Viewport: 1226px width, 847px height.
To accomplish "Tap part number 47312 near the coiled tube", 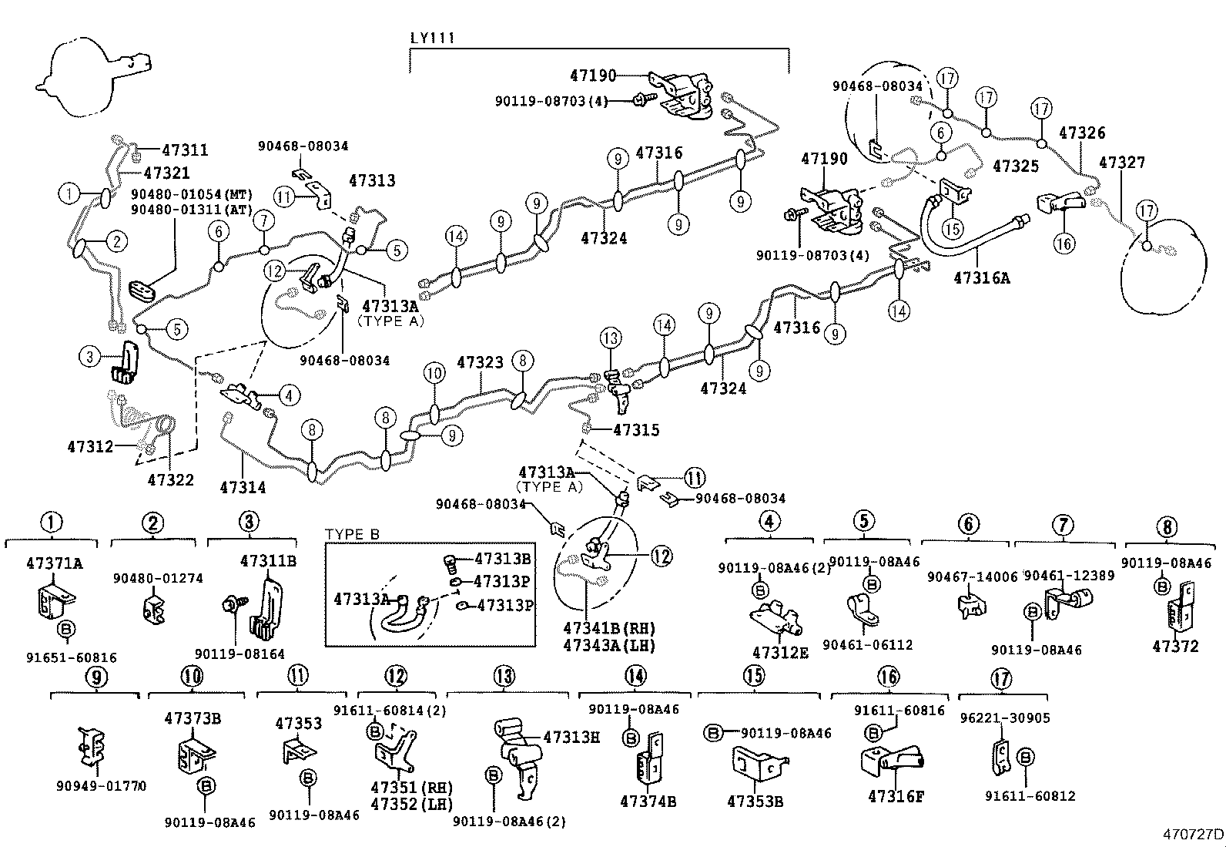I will click(x=90, y=446).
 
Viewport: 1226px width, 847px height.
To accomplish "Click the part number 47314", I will click(x=243, y=487).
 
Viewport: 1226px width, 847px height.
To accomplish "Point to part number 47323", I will click(x=480, y=361).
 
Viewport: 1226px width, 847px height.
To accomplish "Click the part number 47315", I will click(x=636, y=430).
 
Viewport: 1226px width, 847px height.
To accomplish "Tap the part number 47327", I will click(x=1122, y=163).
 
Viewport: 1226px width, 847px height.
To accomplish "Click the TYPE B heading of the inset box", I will click(x=352, y=534).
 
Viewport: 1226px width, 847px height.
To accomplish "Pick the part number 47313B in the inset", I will click(x=502, y=560).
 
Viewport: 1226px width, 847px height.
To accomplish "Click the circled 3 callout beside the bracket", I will click(x=90, y=357).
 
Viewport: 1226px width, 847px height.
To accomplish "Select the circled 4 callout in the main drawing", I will click(x=289, y=396).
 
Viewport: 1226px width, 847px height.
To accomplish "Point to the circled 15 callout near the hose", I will click(x=953, y=229).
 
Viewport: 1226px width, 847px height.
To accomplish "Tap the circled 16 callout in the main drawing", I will click(x=1064, y=244).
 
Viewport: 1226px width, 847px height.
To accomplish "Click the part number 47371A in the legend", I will click(x=54, y=563).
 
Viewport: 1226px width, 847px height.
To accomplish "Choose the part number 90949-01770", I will click(x=101, y=786).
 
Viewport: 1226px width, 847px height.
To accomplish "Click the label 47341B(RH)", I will click(x=608, y=628).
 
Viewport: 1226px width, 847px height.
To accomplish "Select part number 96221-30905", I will click(x=1005, y=718).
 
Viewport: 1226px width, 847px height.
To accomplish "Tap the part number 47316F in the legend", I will click(x=896, y=796).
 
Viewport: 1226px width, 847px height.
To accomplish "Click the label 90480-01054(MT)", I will click(x=192, y=194).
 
